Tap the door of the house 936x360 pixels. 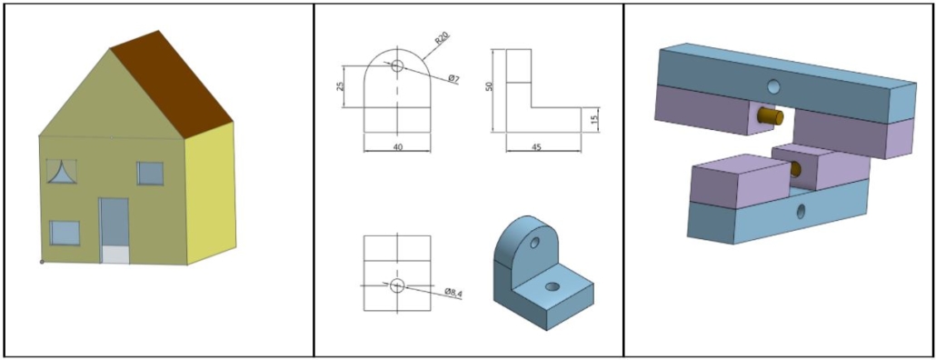tap(114, 222)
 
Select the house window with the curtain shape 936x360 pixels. tap(62, 171)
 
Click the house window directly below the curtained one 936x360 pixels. tap(65, 233)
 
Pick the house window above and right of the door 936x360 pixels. tap(150, 173)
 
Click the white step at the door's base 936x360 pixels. tap(115, 255)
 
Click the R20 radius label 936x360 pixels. tap(442, 39)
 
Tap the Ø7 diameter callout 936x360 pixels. tap(453, 79)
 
